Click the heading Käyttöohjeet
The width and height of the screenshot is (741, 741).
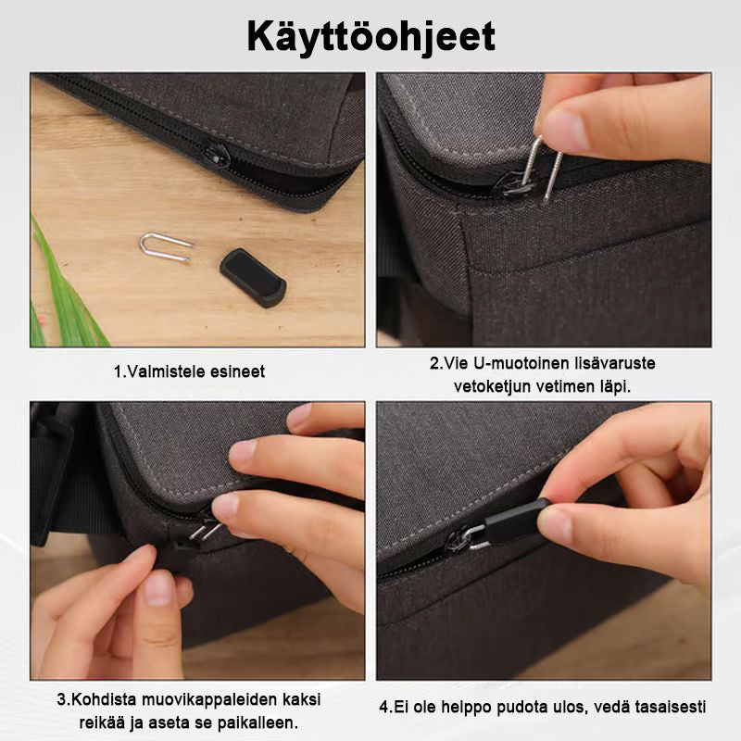371,37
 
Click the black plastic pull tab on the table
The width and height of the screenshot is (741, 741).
253,278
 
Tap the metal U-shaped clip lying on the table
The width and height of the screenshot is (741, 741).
166,246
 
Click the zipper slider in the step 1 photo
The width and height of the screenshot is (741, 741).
216,156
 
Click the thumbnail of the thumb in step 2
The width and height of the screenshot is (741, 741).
564,130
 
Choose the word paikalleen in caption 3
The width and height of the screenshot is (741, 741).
257,722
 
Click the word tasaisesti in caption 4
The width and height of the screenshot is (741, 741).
670,708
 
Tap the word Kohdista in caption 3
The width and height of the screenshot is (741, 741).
104,699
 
